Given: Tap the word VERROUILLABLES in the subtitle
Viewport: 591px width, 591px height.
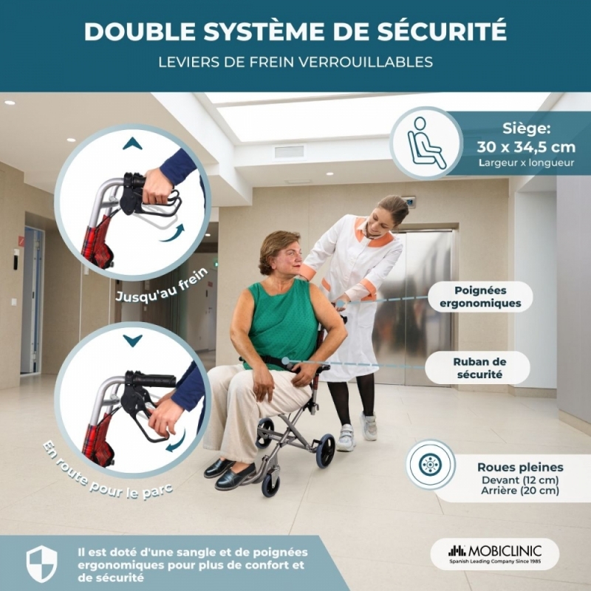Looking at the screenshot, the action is [x=366, y=62].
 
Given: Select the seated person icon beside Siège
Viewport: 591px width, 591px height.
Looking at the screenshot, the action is [x=427, y=143].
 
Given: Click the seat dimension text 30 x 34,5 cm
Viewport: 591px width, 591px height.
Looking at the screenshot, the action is [x=526, y=146].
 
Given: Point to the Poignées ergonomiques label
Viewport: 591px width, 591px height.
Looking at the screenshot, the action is [x=480, y=297].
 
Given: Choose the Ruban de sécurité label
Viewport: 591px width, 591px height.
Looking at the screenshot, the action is [x=479, y=368].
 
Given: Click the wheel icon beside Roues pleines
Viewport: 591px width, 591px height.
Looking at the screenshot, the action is [x=430, y=465].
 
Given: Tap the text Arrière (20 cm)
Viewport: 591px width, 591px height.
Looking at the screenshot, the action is [x=520, y=491].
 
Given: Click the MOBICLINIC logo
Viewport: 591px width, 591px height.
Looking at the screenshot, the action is [x=495, y=553].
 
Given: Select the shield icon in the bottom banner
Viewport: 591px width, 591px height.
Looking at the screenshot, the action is [x=41, y=564].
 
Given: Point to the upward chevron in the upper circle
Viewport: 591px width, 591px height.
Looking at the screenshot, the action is [x=132, y=143].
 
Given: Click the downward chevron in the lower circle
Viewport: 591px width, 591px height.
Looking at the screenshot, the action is [x=132, y=341].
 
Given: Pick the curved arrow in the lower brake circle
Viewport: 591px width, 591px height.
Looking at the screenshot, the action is [x=177, y=441].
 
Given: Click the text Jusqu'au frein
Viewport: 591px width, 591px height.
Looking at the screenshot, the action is [x=161, y=285].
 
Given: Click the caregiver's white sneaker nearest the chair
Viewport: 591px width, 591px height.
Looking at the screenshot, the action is [x=346, y=438].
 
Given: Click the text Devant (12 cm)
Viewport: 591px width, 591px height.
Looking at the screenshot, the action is [x=520, y=480].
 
